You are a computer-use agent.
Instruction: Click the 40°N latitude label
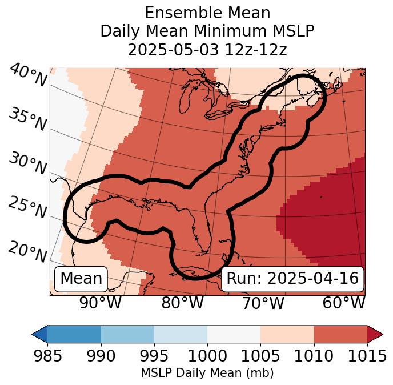(x=27, y=76)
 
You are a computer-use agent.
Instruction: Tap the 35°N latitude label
(x=27, y=119)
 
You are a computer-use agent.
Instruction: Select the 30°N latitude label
(x=27, y=164)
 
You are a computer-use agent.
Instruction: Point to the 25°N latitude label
(x=27, y=208)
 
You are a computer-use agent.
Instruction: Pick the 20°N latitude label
(x=27, y=252)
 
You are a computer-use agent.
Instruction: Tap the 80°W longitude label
(x=182, y=303)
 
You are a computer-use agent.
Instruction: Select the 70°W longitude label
(x=263, y=303)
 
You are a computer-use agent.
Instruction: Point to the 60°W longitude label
(x=344, y=303)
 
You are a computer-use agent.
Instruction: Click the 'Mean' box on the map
(x=81, y=279)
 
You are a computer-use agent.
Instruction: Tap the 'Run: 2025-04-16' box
(x=292, y=279)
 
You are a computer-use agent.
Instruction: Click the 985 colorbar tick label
(x=47, y=356)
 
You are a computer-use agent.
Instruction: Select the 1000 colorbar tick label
(x=207, y=356)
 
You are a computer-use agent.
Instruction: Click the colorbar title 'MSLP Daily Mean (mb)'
(x=207, y=374)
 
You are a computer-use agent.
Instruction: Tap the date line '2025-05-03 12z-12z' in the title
(x=207, y=50)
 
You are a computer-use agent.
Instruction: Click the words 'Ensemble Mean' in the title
(x=207, y=13)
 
